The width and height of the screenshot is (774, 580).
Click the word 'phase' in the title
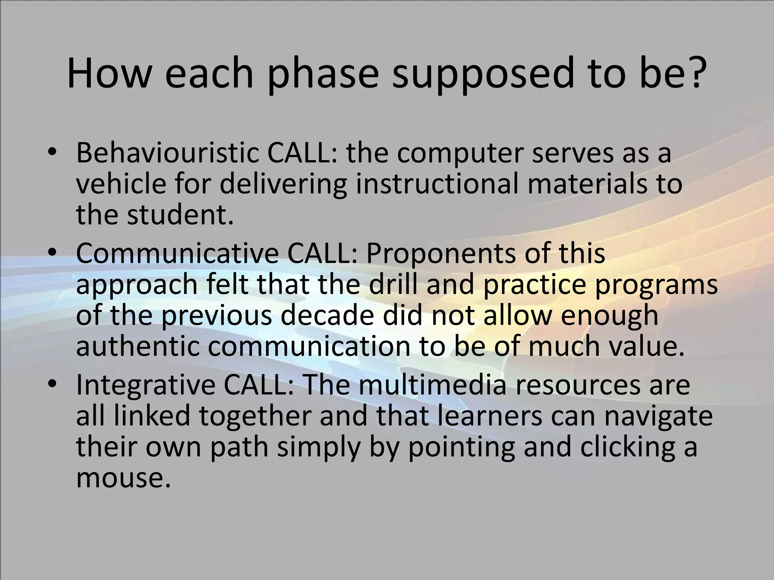(x=323, y=74)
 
